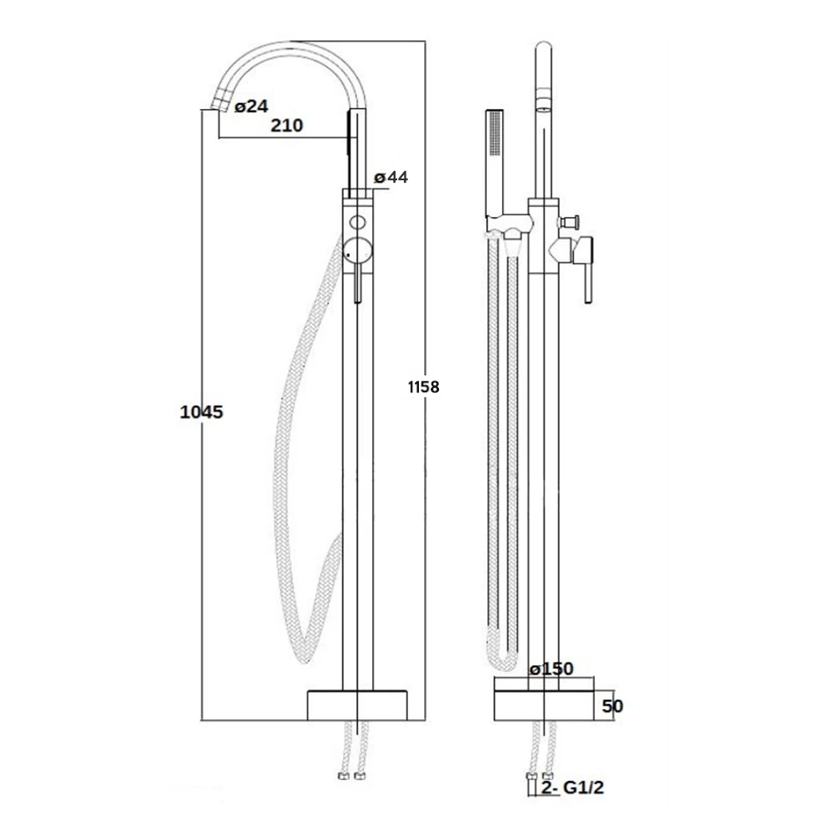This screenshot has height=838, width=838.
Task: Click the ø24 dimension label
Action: tap(251, 106)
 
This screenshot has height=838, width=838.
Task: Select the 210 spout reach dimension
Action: tap(287, 126)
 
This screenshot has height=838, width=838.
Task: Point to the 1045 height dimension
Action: tap(201, 411)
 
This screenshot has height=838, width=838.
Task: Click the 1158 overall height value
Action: tap(423, 386)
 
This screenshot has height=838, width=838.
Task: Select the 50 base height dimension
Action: tap(613, 706)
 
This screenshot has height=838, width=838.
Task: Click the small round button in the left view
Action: tap(358, 223)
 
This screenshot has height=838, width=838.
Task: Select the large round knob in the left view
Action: tap(357, 249)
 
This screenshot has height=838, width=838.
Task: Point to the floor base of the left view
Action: tap(359, 705)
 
